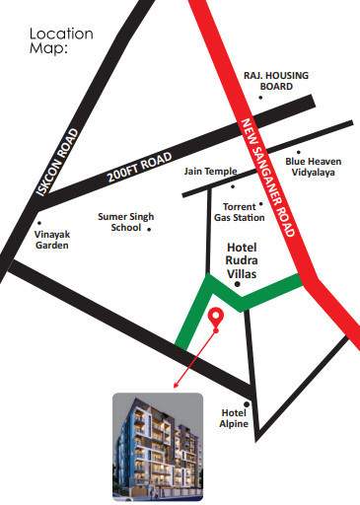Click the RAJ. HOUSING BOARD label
tap(269, 81)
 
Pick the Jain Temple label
tap(209, 171)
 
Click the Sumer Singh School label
tap(119, 220)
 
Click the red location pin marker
tap(216, 318)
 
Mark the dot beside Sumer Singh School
tap(149, 230)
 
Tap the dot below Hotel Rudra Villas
tap(237, 284)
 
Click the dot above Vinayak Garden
tap(38, 223)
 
